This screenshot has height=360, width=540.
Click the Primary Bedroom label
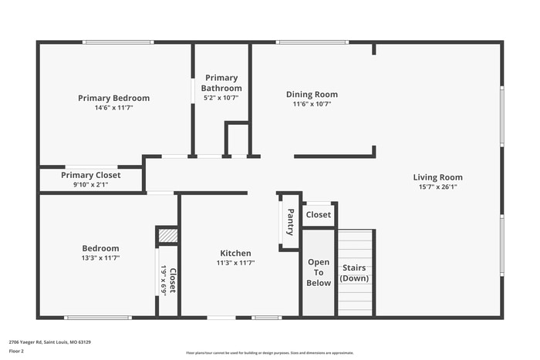pyautogui.click(x=113, y=98)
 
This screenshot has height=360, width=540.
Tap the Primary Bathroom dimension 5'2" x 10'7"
pyautogui.click(x=221, y=98)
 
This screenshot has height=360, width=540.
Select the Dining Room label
pyautogui.click(x=312, y=95)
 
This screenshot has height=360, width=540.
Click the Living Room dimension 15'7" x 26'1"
pyautogui.click(x=437, y=187)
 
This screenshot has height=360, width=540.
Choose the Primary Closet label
pyautogui.click(x=90, y=175)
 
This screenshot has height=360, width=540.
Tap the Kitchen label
pyautogui.click(x=235, y=253)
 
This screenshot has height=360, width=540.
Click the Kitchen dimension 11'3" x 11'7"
pyautogui.click(x=235, y=262)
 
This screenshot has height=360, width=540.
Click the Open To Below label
pyautogui.click(x=319, y=272)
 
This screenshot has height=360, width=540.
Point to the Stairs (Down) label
pyautogui.click(x=355, y=272)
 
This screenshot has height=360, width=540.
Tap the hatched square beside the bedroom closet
pyautogui.click(x=167, y=235)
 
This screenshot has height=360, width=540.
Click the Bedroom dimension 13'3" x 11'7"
pyautogui.click(x=100, y=257)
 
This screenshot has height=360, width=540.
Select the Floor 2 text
pyautogui.click(x=16, y=351)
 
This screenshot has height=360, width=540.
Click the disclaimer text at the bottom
pyautogui.click(x=269, y=352)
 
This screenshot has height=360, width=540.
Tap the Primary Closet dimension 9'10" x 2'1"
pyautogui.click(x=90, y=184)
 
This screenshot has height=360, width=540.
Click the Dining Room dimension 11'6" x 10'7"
pyautogui.click(x=312, y=104)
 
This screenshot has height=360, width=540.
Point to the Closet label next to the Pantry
pyautogui.click(x=318, y=215)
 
